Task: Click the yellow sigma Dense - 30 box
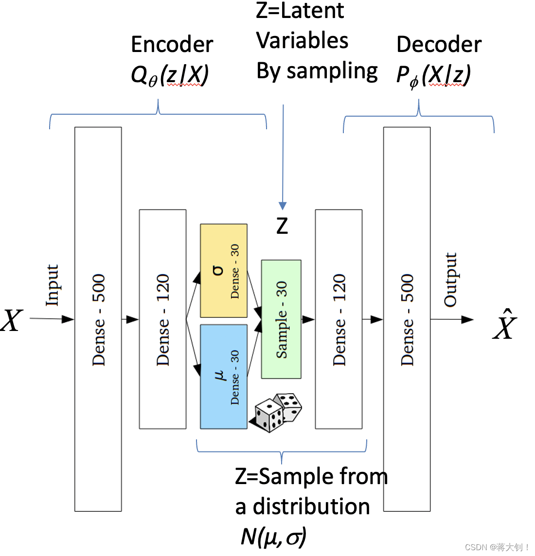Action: click(x=224, y=271)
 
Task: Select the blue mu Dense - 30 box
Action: click(x=224, y=377)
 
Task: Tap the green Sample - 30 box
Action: click(x=281, y=319)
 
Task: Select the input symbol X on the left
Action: click(x=12, y=320)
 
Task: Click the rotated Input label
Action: click(x=52, y=285)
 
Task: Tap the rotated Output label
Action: click(x=450, y=279)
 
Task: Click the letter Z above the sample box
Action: click(x=282, y=226)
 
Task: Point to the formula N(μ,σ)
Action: click(x=273, y=537)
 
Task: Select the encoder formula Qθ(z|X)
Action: click(x=170, y=75)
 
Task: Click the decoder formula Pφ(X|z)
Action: click(x=433, y=76)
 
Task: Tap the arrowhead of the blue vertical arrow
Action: click(x=283, y=206)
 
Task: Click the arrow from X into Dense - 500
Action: click(x=52, y=319)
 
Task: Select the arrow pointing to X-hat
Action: click(x=452, y=319)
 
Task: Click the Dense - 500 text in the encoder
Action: click(x=99, y=320)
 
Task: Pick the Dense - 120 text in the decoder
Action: click(x=339, y=320)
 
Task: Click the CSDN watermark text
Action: click(x=497, y=547)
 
